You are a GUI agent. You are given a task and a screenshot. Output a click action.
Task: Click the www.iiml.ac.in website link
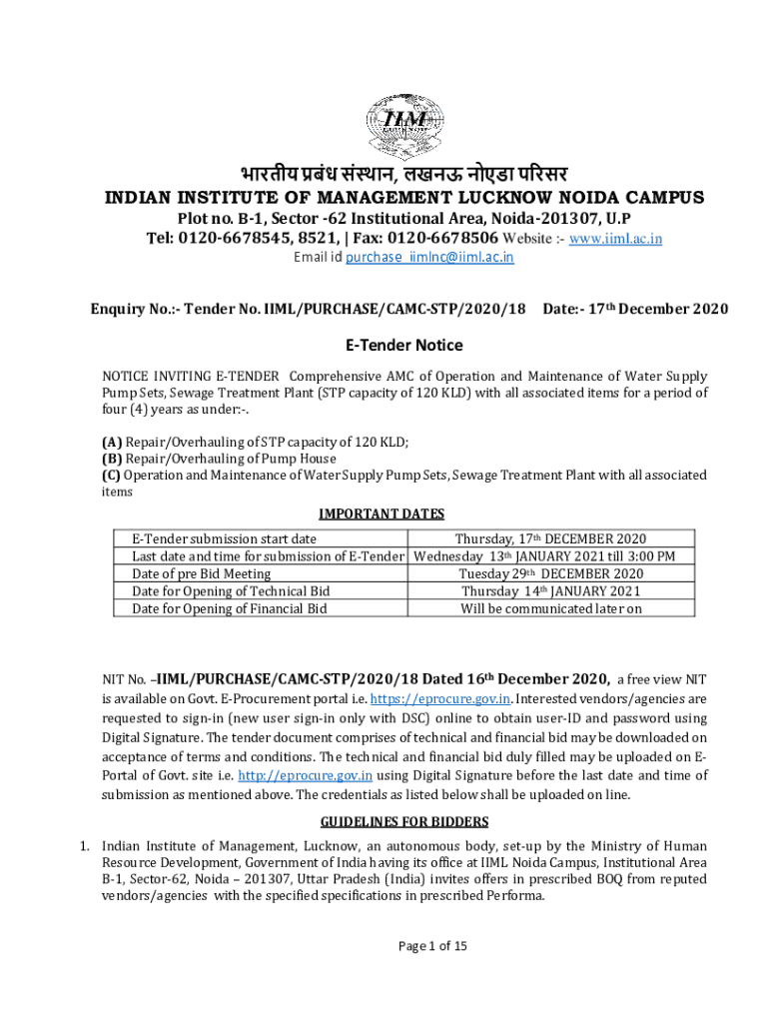coord(615,239)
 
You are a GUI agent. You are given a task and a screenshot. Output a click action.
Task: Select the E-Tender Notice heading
coord(404,346)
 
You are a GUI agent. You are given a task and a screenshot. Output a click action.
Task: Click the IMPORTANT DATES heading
coord(381,513)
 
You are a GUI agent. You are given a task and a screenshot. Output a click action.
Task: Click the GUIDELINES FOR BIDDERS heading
coord(403,821)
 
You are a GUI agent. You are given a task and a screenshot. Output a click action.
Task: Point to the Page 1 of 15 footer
coord(431,946)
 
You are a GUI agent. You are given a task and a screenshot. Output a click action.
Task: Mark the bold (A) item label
coord(112,441)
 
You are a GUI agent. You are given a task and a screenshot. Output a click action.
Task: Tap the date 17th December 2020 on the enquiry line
coord(654,310)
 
